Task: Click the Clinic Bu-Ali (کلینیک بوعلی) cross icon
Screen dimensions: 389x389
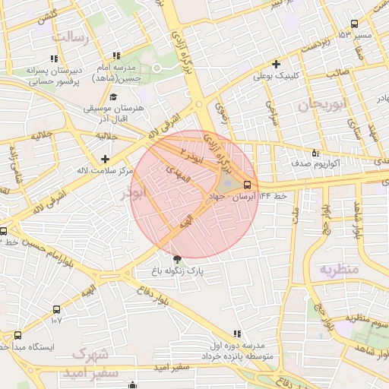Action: (277, 65)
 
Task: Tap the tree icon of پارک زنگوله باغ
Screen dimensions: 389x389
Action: (178, 258)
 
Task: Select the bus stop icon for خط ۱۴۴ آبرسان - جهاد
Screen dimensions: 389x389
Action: (247, 185)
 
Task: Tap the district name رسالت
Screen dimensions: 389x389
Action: (70, 37)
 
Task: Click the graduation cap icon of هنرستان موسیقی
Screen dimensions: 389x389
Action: (113, 96)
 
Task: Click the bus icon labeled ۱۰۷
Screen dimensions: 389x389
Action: (56, 309)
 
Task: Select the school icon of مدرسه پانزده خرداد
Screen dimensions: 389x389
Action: (237, 334)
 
